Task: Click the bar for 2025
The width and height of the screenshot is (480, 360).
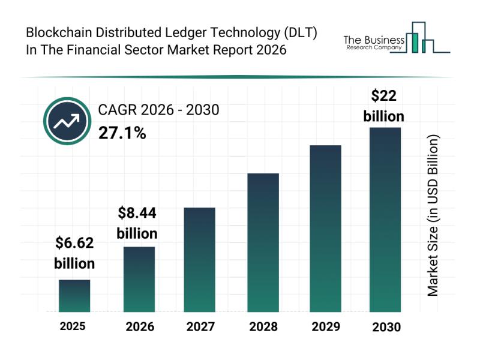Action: [74, 296]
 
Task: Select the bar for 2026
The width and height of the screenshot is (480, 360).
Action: [139, 279]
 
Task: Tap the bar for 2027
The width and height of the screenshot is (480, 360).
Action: [199, 259]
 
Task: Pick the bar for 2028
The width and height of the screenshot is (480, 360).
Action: [263, 242]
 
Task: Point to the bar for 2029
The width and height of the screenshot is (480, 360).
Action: [325, 228]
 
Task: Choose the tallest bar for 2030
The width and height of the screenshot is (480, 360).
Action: [385, 220]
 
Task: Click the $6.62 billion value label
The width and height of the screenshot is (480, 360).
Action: [74, 253]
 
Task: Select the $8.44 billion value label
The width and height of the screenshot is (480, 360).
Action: [137, 223]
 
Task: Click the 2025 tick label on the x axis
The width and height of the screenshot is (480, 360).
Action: [73, 326]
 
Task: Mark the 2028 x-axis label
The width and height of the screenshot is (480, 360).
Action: [263, 327]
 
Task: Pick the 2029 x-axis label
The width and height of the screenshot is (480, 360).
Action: [325, 327]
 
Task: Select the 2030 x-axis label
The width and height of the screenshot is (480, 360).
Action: [386, 327]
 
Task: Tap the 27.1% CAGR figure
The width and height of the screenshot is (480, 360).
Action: [122, 133]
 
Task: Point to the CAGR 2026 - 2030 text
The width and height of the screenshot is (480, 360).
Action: [158, 110]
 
